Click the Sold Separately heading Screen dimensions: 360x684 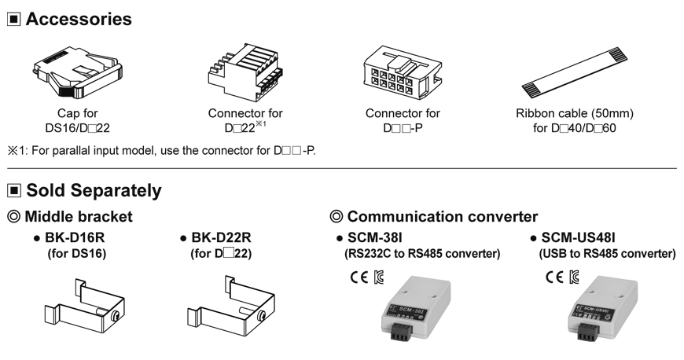[94, 190]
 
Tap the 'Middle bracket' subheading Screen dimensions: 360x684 [79, 216]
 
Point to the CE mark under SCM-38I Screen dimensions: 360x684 [357, 277]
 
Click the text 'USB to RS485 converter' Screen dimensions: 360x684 [607, 253]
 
